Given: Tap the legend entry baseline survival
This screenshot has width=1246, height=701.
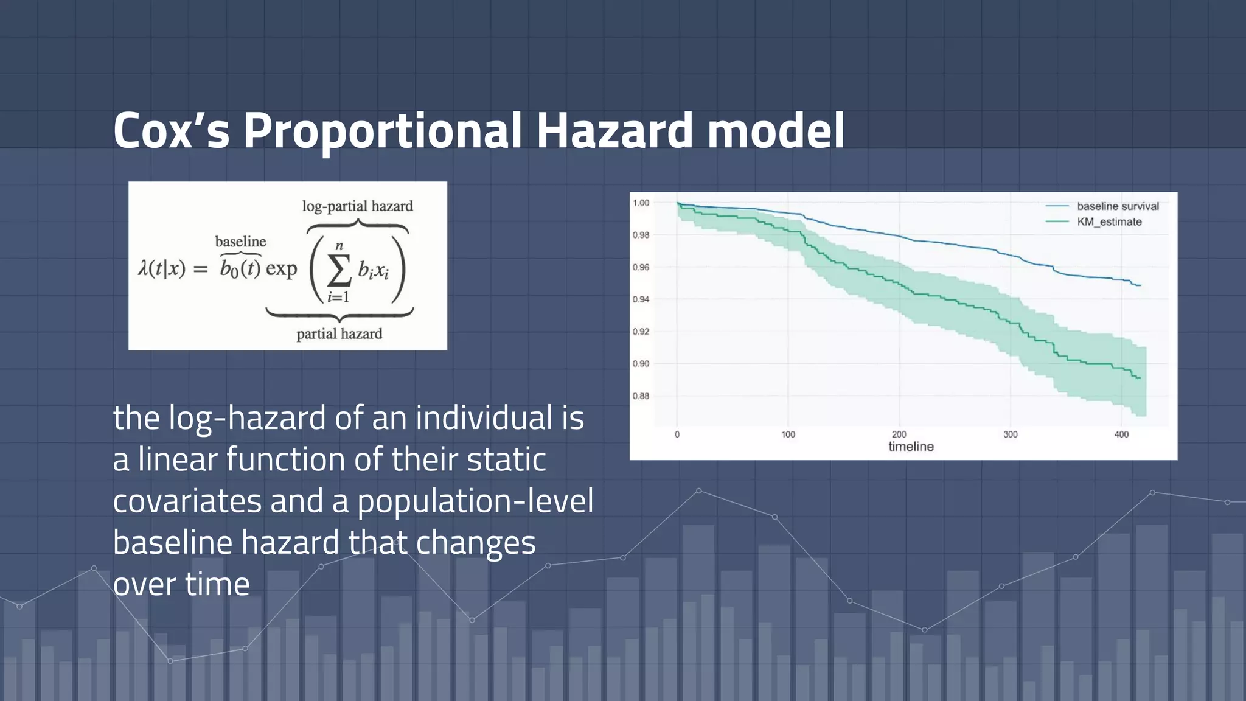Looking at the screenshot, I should pyautogui.click(x=1118, y=206).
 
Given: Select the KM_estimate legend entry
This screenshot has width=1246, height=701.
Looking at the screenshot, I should pyautogui.click(x=1109, y=222).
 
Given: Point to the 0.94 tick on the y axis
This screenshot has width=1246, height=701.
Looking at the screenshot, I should pyautogui.click(x=641, y=299).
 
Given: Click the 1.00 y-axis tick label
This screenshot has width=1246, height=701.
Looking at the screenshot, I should pyautogui.click(x=641, y=203).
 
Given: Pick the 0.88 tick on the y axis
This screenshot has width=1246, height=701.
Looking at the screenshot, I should pyautogui.click(x=641, y=396).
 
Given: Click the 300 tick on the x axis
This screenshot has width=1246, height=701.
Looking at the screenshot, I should pyautogui.click(x=1010, y=434).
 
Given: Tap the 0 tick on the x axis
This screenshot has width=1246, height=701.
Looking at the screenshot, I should pyautogui.click(x=677, y=434).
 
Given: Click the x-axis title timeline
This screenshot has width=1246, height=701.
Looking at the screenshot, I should pyautogui.click(x=911, y=447).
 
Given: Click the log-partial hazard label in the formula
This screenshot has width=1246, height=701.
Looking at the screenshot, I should pyautogui.click(x=357, y=206).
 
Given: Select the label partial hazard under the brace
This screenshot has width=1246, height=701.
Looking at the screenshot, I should pyautogui.click(x=339, y=334).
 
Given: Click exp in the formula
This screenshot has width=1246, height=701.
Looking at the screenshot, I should pyautogui.click(x=281, y=268).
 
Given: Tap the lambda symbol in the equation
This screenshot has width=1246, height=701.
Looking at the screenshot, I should pyautogui.click(x=144, y=268).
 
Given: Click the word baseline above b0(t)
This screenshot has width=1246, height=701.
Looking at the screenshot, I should pyautogui.click(x=240, y=242).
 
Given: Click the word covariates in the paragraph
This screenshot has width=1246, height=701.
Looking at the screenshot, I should pyautogui.click(x=187, y=501).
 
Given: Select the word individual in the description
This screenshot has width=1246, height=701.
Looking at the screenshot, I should pyautogui.click(x=484, y=418).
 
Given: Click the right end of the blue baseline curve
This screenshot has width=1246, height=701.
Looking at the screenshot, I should pyautogui.click(x=1140, y=285).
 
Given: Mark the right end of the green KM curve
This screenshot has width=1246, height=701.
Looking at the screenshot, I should pyautogui.click(x=1140, y=378).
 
